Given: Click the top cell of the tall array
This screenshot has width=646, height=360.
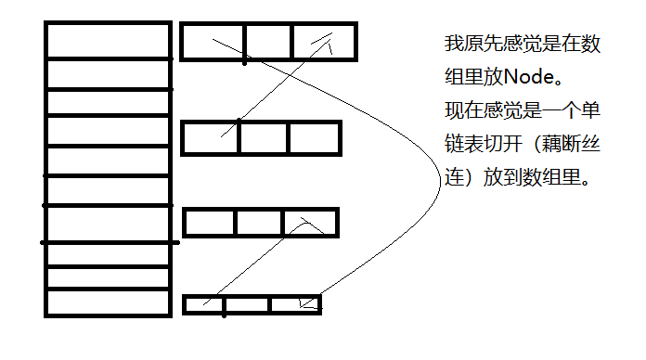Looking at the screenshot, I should click(108, 42).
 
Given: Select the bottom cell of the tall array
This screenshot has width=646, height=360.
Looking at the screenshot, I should click(108, 302).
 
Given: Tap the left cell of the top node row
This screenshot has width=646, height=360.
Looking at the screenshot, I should click(213, 42).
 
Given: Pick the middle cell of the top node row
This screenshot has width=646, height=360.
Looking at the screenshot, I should click(269, 42).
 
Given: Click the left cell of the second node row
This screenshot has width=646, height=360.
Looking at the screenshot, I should click(211, 138).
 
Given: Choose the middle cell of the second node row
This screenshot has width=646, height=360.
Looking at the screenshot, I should click(264, 138).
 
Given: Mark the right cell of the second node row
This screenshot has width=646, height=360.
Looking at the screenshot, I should click(314, 138).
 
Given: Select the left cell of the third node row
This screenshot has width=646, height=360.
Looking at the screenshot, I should click(209, 223).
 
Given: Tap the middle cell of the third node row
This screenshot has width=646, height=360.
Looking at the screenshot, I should click(258, 223).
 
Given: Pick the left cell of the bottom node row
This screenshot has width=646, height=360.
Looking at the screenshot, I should click(203, 303).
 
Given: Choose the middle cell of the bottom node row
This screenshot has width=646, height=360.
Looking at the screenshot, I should click(248, 303).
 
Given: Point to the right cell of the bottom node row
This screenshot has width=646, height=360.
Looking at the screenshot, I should click(295, 303).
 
